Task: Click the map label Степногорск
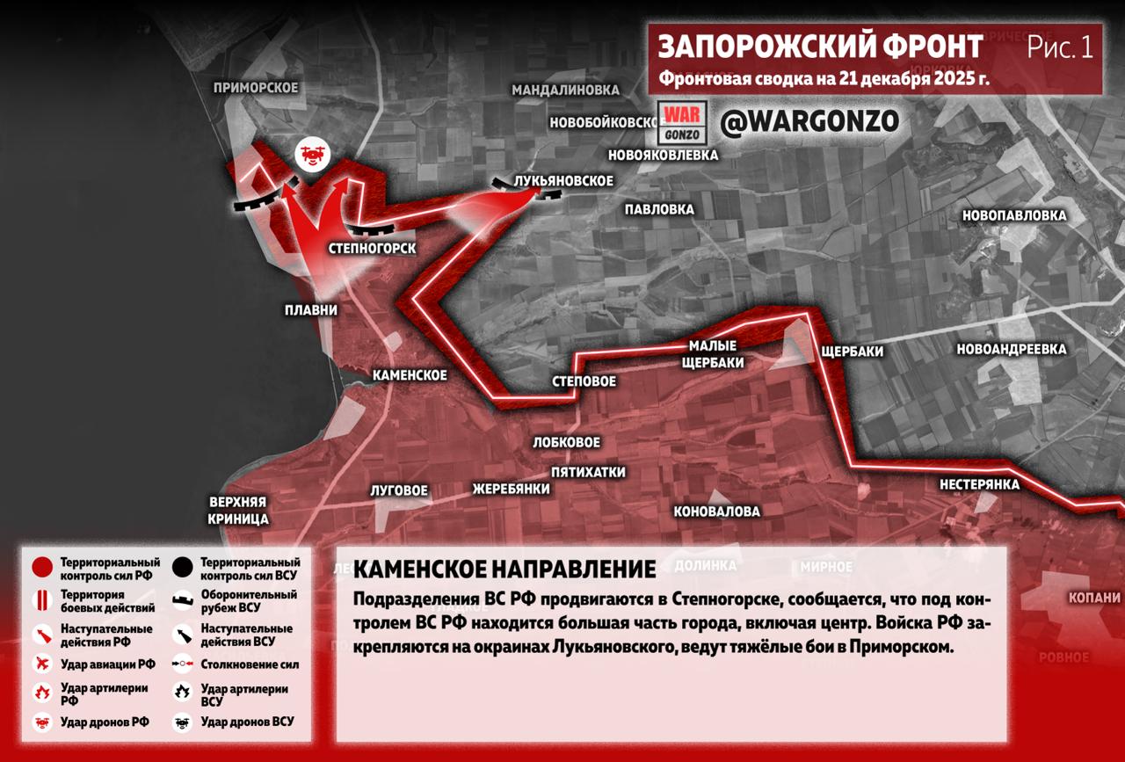372,249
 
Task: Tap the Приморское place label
256,88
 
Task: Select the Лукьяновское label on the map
563,181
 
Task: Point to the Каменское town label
410,375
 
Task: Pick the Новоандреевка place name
1011,350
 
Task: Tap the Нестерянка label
979,484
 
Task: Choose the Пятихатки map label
588,472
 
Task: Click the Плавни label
310,310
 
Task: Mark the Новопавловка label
1013,215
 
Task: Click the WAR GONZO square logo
682,124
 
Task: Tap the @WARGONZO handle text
809,123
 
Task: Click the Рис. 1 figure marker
1060,47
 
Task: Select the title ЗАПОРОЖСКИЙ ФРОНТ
820,47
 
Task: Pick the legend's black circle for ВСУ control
184,568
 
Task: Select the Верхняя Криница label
238,511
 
